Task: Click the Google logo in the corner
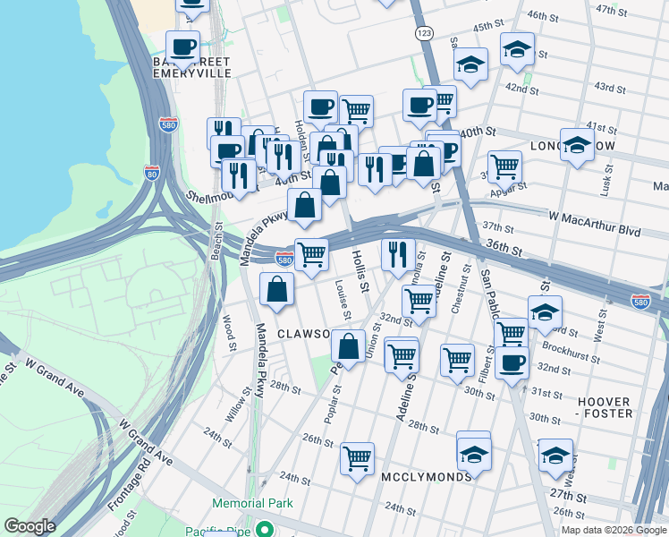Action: click(30, 526)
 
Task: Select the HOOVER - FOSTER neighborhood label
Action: click(605, 407)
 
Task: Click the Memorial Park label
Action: click(252, 504)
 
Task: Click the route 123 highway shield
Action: click(423, 32)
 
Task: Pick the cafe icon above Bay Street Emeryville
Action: click(183, 48)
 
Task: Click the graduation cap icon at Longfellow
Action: click(577, 143)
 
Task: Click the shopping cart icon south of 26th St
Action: click(357, 458)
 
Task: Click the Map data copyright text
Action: click(613, 529)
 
